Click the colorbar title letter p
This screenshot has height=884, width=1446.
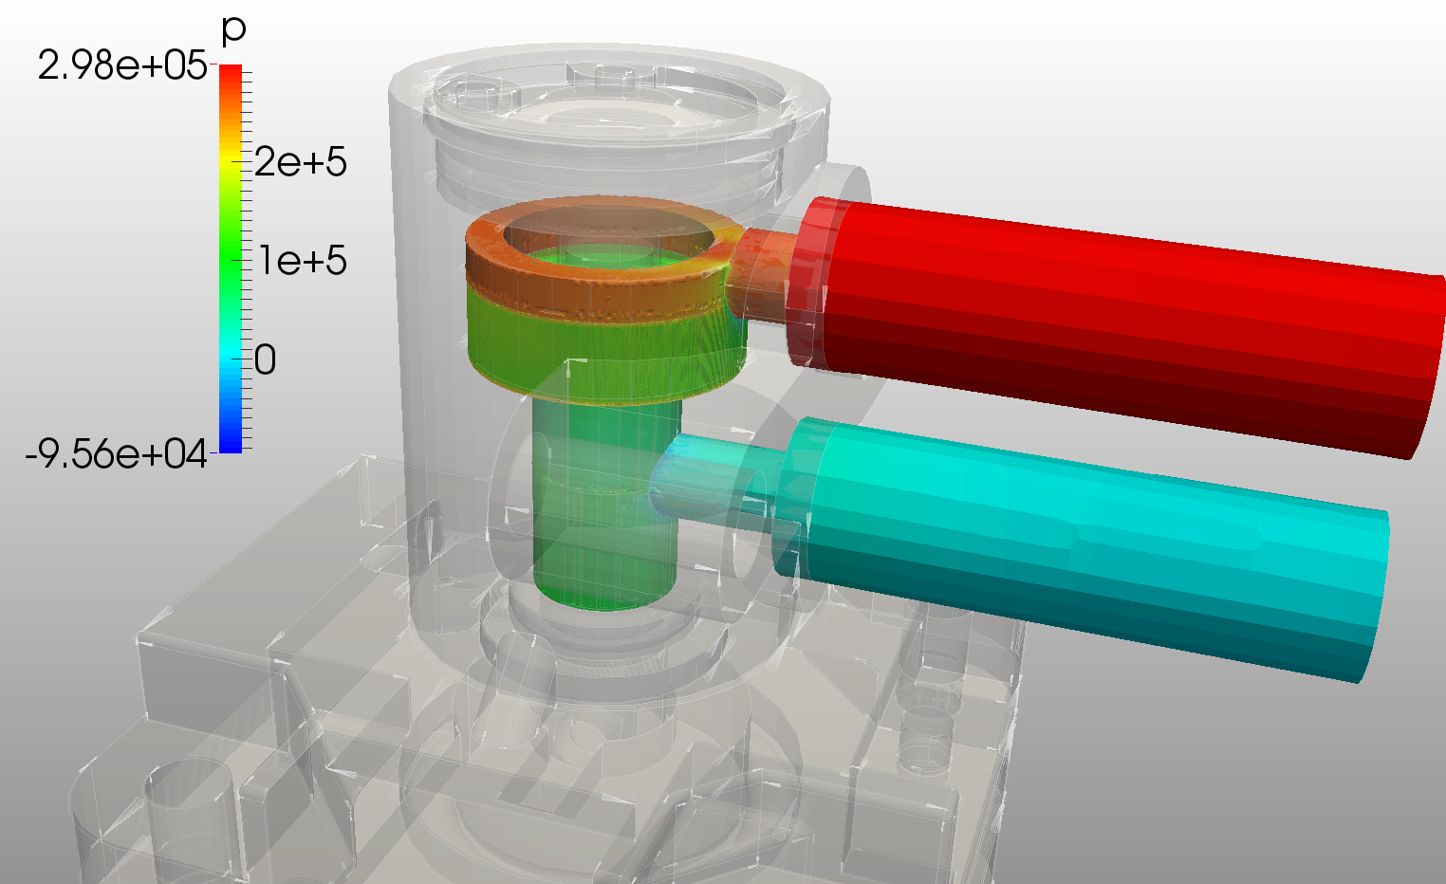click(x=232, y=30)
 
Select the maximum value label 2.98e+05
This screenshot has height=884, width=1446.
click(x=121, y=66)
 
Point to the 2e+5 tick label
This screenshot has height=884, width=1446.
click(x=300, y=162)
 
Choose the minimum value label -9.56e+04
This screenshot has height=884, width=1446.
click(x=116, y=454)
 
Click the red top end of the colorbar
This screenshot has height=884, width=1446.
click(x=231, y=72)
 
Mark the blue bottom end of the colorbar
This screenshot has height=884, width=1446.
click(x=231, y=445)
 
